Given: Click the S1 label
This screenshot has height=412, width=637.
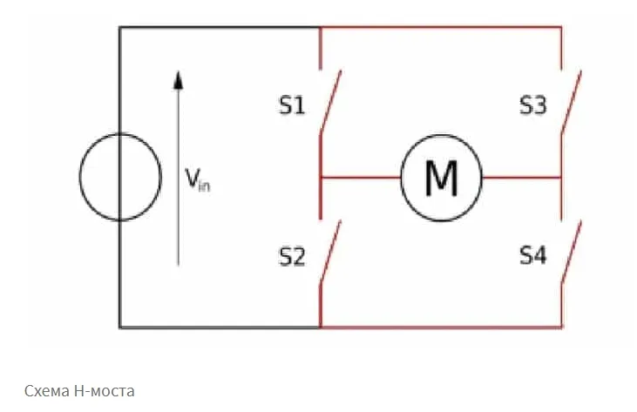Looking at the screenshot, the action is (292, 105).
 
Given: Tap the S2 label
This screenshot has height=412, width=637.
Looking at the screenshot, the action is (292, 257).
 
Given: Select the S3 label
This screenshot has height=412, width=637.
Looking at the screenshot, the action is (533, 105).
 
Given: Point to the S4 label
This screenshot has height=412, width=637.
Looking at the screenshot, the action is (533, 256).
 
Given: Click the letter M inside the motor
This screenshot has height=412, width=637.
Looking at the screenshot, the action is (441, 179).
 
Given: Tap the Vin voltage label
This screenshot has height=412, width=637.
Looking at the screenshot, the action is (198, 179).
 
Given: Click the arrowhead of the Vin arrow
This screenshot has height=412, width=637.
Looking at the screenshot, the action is (178, 80).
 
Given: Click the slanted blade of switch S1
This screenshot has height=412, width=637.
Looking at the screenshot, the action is (330, 101).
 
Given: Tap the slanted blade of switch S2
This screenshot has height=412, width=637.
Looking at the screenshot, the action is (330, 251).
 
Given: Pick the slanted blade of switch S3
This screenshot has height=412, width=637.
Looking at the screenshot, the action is (571, 101).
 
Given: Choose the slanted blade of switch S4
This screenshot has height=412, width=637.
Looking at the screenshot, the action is (571, 251).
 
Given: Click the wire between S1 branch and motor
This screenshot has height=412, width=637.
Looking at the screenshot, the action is (361, 178).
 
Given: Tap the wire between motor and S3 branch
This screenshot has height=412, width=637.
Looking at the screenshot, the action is (522, 178).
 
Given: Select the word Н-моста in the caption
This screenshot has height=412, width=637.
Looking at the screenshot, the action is (105, 391).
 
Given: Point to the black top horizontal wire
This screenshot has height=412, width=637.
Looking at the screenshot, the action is (220, 28).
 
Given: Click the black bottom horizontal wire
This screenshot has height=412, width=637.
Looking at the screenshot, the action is (220, 327).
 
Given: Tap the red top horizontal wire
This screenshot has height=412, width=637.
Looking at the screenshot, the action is (441, 28).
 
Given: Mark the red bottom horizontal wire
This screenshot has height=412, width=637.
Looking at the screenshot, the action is (441, 327).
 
